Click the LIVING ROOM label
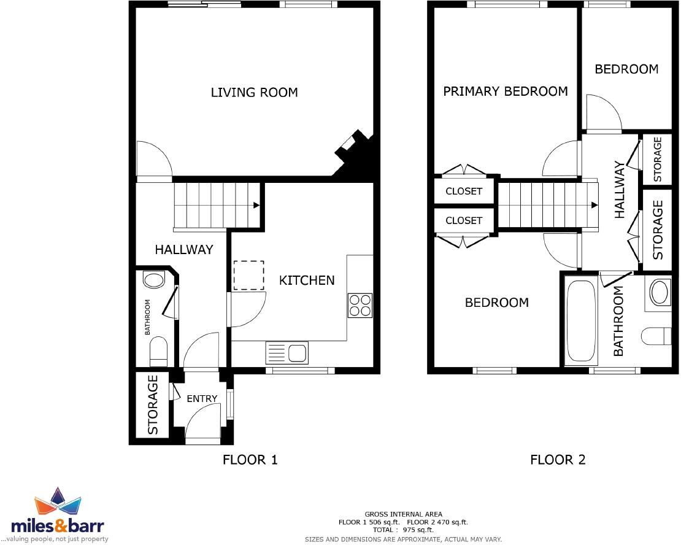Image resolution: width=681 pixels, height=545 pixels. pos(254,93)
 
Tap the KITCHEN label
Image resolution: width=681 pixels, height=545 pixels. pos(307,280)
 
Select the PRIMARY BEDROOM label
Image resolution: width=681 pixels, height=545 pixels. pos(506,91)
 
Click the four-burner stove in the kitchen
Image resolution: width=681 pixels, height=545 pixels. pos(360,305)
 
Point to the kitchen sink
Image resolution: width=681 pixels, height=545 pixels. pos(298,353)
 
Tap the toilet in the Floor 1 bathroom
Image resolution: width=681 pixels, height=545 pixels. pos(158,350)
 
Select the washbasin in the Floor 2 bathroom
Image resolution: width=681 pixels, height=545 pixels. pos(660,293)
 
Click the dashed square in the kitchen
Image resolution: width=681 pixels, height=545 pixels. pos(248,275)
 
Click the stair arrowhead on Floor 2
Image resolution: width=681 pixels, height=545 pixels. pos(594,206)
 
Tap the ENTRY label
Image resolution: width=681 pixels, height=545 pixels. pos(202,399)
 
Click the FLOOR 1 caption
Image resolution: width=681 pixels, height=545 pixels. pos(250,460)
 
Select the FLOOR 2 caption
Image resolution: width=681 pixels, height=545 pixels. pos(558,460)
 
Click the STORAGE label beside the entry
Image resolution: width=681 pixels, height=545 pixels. pos(153,404)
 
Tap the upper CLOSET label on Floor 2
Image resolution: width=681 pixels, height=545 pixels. pos(464,191)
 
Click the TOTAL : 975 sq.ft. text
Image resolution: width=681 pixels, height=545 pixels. pos(403,530)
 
